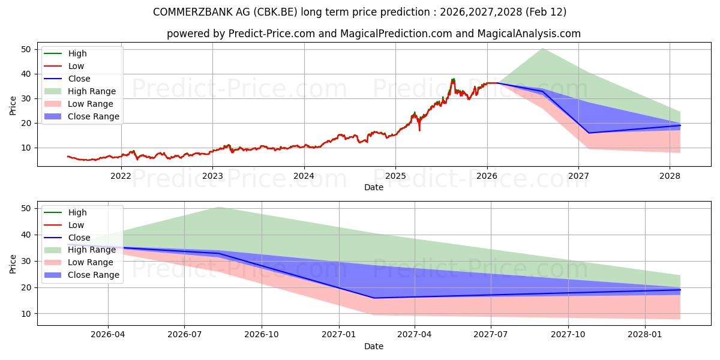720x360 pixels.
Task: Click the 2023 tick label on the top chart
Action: pos(212,176)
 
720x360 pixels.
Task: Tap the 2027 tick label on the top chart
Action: pos(578,176)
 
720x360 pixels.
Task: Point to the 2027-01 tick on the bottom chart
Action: pos(340,335)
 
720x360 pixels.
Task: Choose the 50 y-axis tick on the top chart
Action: pos(26,49)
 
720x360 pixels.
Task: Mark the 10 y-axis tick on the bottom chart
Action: pos(26,314)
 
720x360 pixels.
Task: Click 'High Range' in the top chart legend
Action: pos(92,91)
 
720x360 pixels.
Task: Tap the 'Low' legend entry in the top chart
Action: pos(76,66)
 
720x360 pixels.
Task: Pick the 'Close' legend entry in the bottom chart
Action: pos(79,238)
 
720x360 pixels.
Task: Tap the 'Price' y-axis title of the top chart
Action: pos(13,105)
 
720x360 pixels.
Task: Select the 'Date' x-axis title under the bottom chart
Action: pos(373,346)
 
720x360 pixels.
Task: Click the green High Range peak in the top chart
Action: pos(542,48)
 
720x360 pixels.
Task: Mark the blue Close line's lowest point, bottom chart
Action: pos(374,298)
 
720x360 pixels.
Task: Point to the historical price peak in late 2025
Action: pos(453,79)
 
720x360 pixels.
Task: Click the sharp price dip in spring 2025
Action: pos(419,130)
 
